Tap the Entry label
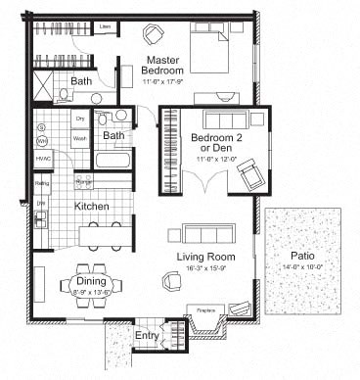pos(147,337)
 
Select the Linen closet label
pos(105,26)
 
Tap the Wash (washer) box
pos(79,139)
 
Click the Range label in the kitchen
pos(83,182)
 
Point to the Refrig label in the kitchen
pos(42,183)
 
